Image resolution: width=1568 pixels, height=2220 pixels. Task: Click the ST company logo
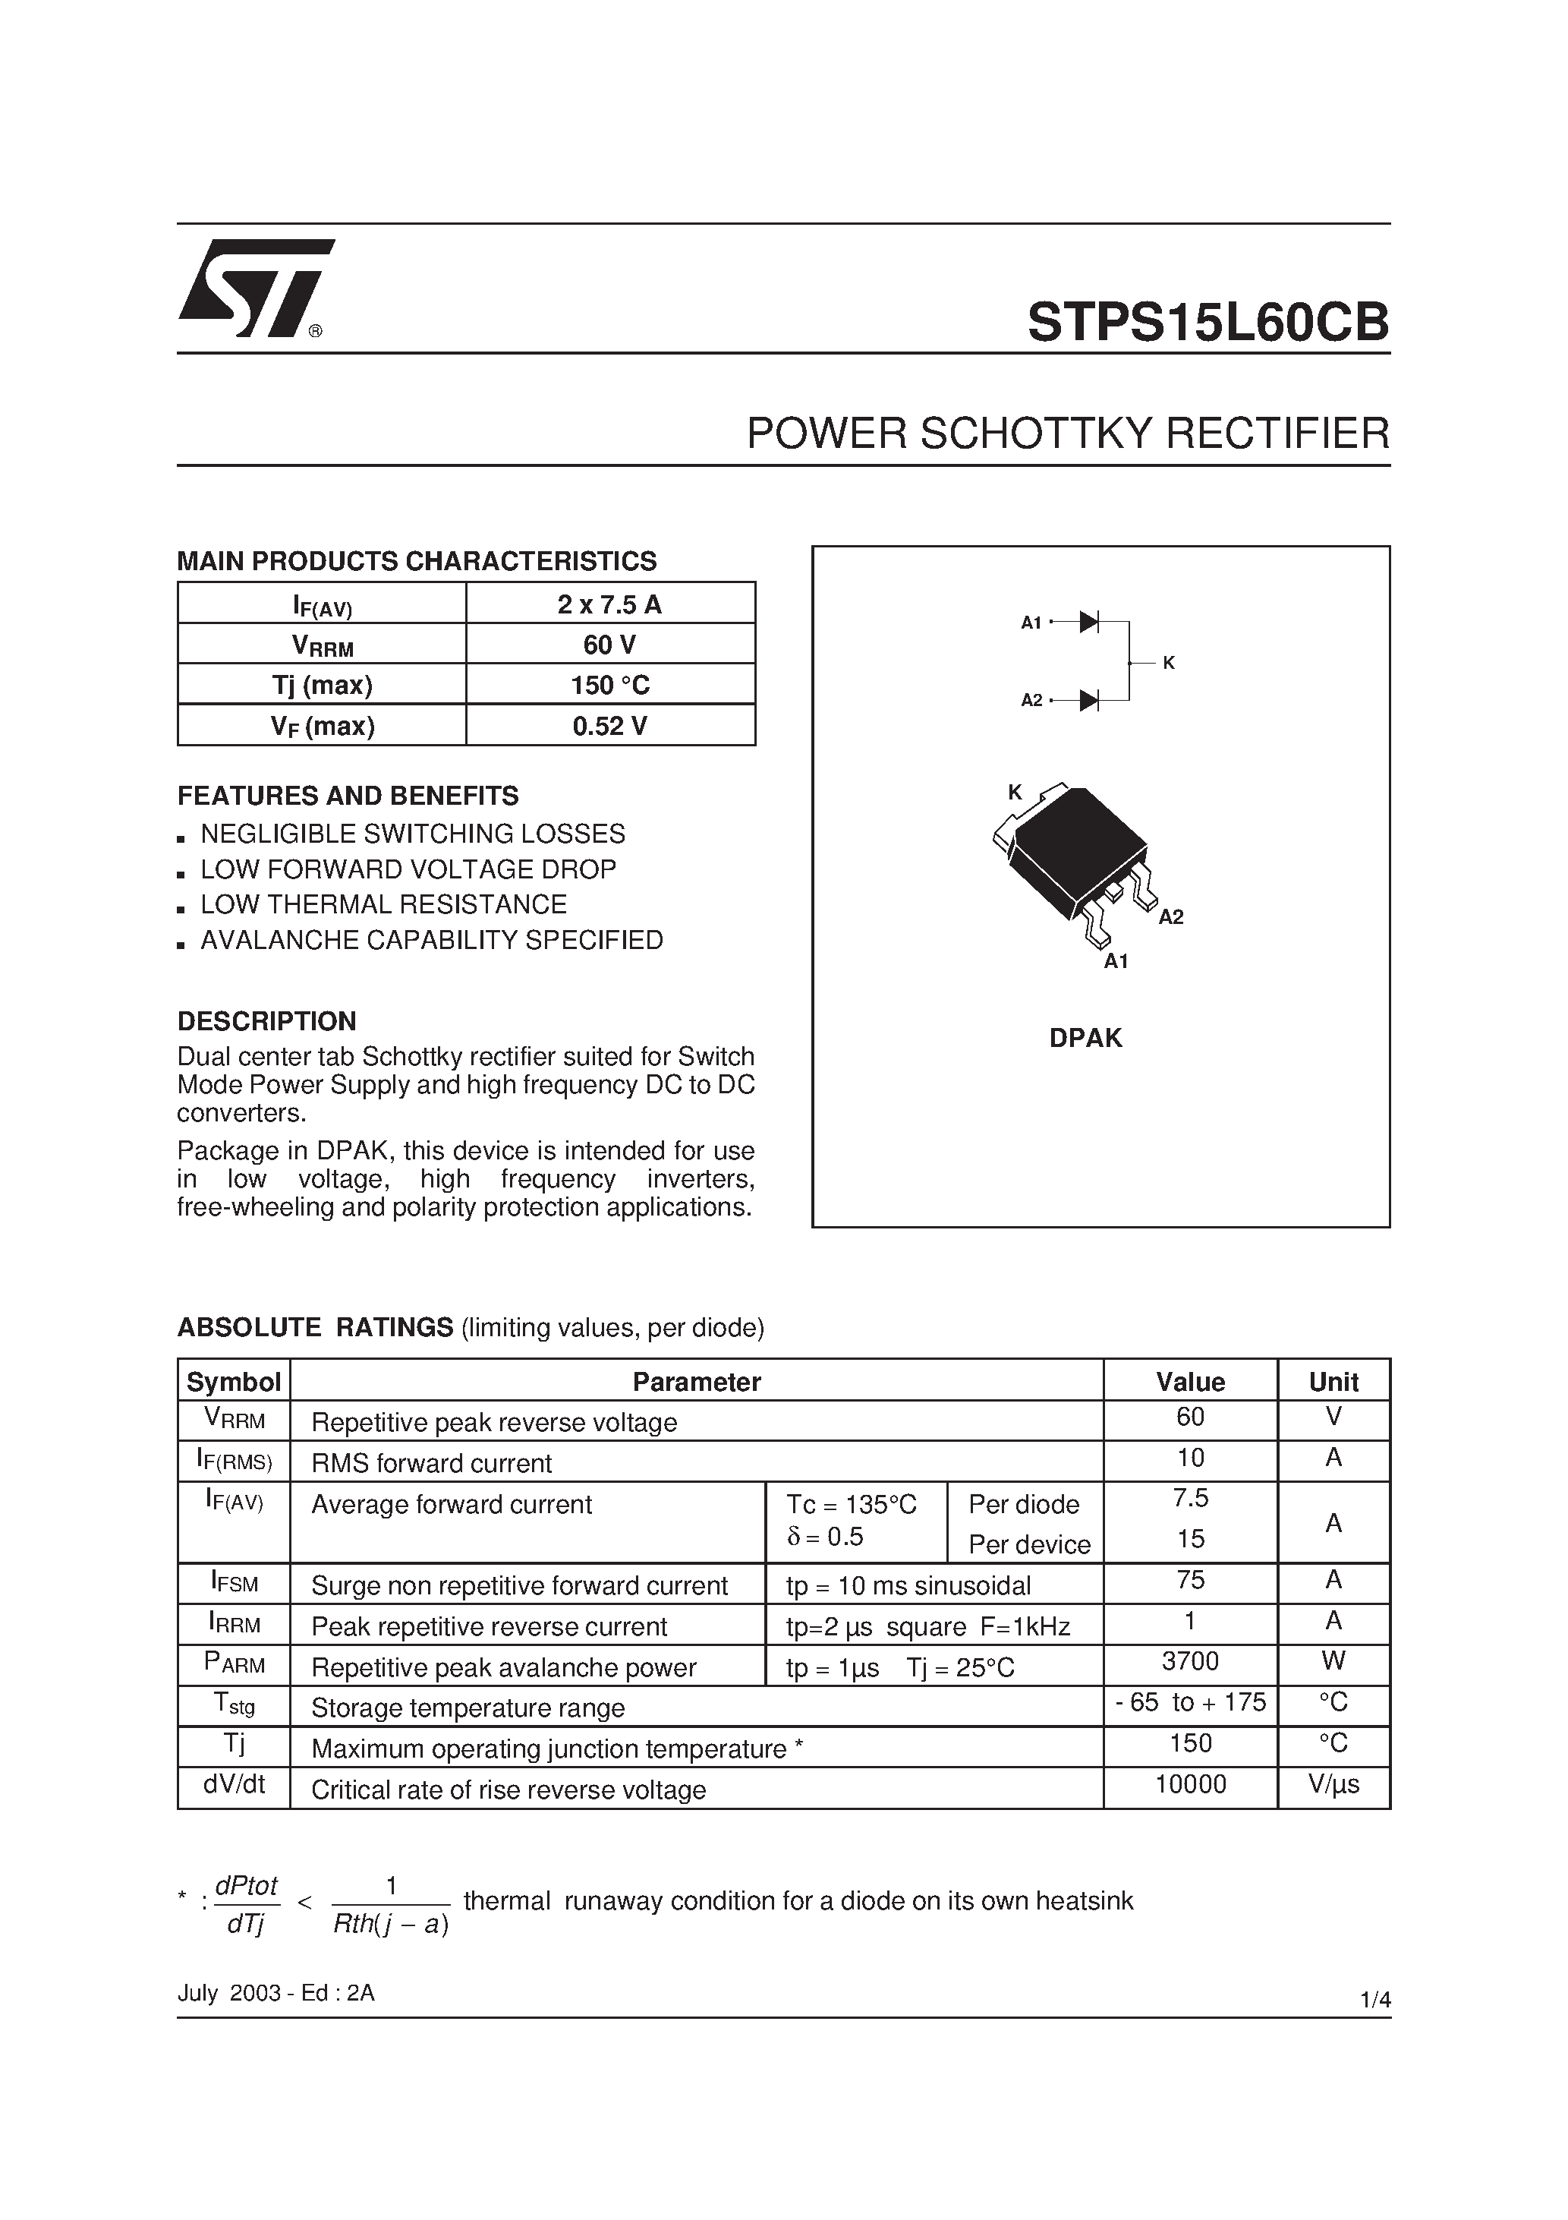pyautogui.click(x=254, y=289)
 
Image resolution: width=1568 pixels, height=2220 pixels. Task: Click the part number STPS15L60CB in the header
pyautogui.click(x=1207, y=323)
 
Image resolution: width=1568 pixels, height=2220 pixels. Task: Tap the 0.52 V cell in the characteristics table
pyautogui.click(x=610, y=726)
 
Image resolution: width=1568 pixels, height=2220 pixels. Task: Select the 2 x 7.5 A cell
pyautogui.click(x=610, y=604)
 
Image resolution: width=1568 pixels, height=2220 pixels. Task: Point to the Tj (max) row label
pyautogui.click(x=322, y=686)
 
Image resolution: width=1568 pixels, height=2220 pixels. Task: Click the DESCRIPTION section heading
pyautogui.click(x=267, y=1021)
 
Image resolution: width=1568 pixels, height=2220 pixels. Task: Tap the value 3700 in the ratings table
pyautogui.click(x=1190, y=1661)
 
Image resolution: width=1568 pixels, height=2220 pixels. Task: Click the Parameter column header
pyautogui.click(x=696, y=1382)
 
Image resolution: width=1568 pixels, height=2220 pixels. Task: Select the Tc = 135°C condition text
pyautogui.click(x=851, y=1505)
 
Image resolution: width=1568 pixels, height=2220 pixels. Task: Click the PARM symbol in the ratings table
pyautogui.click(x=234, y=1663)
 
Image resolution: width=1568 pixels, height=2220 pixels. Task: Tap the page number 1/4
pyautogui.click(x=1374, y=2001)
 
